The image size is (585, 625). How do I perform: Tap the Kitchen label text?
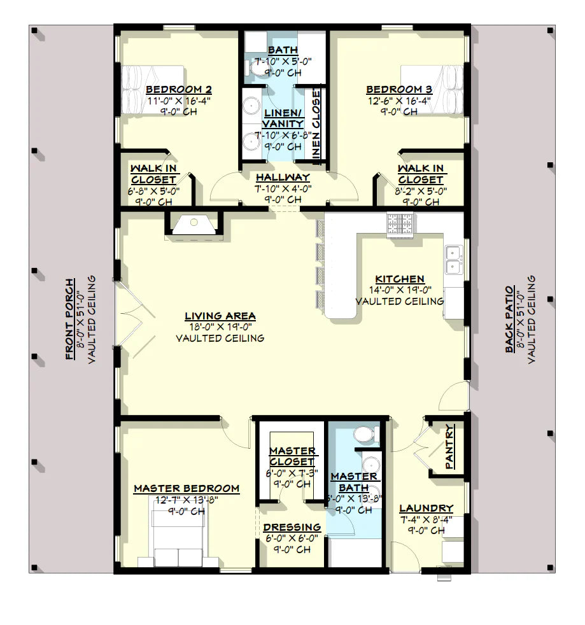(399, 279)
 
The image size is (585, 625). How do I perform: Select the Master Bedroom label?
(187, 488)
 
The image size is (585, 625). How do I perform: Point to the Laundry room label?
(426, 508)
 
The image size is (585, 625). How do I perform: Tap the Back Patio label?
(510, 318)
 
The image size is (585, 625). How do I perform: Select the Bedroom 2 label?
(178, 90)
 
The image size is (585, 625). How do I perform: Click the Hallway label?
(283, 177)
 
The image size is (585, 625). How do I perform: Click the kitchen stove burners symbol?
(400, 225)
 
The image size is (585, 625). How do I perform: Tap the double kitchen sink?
(454, 258)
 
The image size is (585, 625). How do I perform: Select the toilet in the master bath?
(363, 436)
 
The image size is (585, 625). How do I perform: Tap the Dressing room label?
(292, 527)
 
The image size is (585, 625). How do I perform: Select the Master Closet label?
(292, 456)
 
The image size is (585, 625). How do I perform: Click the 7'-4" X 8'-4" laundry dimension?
(426, 519)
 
